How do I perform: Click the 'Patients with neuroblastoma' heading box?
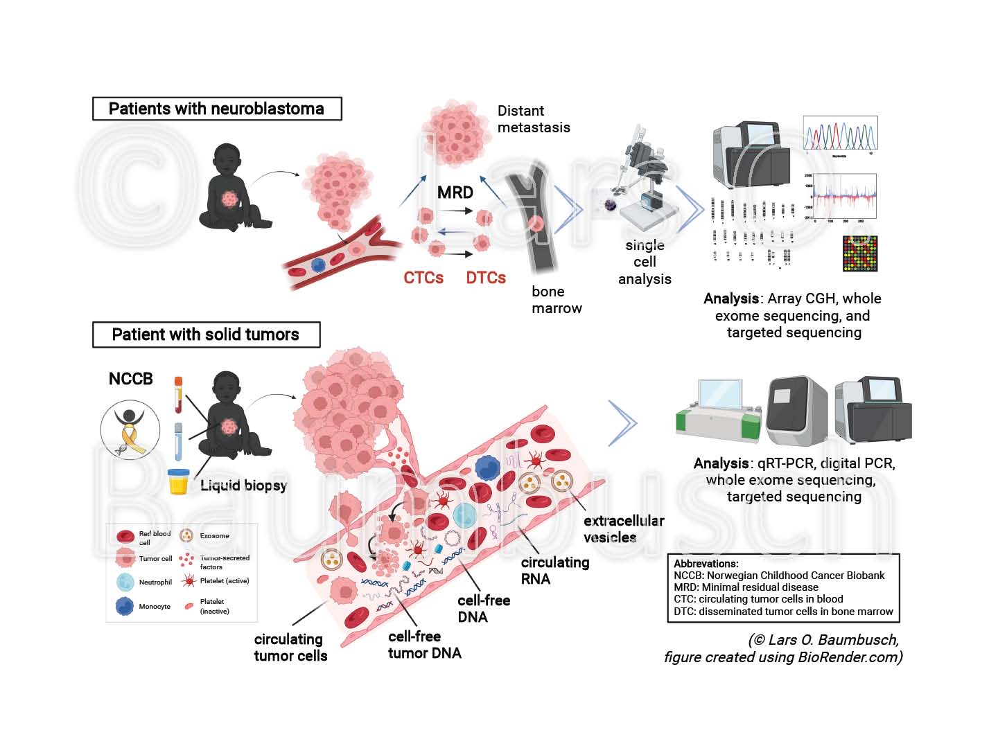coord(217,109)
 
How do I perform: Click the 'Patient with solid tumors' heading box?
coord(206,335)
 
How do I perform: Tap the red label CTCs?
coord(423,278)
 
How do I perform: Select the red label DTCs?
coord(486,278)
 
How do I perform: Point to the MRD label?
coord(455,193)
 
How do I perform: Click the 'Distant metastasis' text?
coord(533,119)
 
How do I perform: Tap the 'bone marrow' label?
coord(557,300)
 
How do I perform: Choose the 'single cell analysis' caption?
coord(645,262)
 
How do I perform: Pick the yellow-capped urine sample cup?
coord(179,481)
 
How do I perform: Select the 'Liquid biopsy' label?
coord(243,486)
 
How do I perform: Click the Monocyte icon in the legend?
coord(125,606)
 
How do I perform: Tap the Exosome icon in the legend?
coord(186,535)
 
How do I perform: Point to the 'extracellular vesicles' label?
coord(623,529)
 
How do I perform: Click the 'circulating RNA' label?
coord(554,571)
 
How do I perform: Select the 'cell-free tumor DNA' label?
coord(424,645)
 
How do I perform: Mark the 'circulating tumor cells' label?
coord(290,648)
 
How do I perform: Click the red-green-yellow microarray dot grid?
coord(859,253)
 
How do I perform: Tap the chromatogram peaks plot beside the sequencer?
coord(840,134)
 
